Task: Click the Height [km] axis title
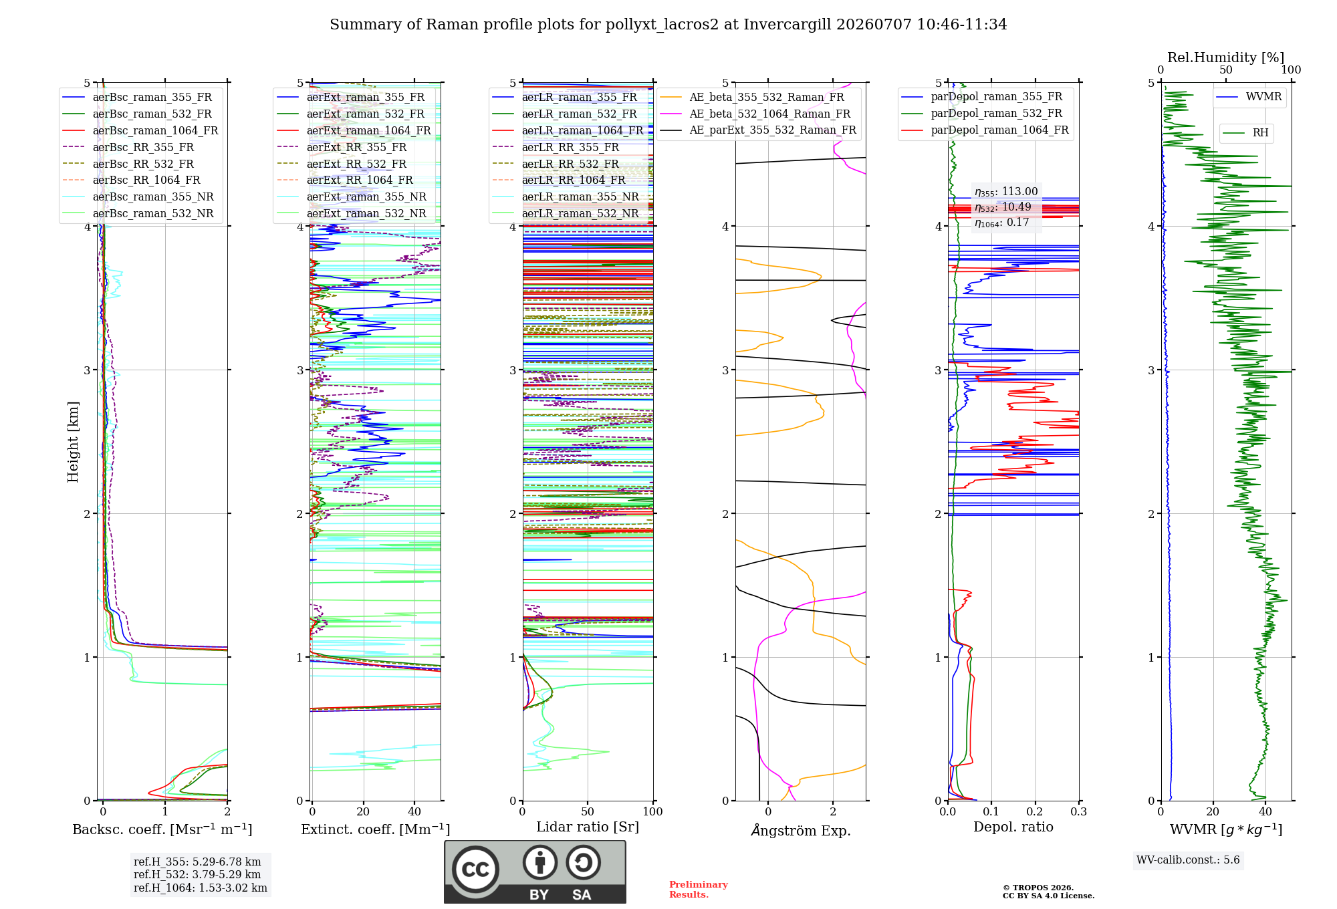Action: (73, 442)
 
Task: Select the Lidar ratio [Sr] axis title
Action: (588, 827)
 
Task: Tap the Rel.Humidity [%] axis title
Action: (1225, 57)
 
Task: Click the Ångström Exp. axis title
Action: (801, 830)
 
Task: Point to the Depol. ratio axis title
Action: (1013, 827)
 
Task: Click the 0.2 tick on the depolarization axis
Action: (1035, 811)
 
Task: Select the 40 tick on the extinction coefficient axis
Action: (414, 811)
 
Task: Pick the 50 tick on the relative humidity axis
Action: (1225, 70)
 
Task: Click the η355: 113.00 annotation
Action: (1006, 192)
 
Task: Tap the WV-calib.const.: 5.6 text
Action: (1187, 860)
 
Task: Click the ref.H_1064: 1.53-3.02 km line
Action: (200, 888)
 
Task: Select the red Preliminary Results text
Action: (698, 890)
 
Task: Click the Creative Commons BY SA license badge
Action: (535, 872)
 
